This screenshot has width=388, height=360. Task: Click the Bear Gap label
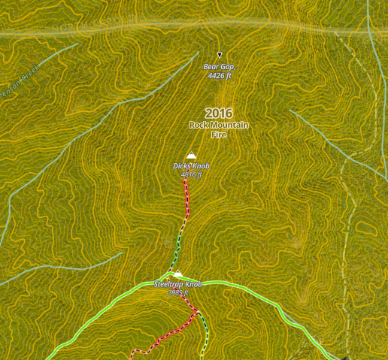click(x=219, y=67)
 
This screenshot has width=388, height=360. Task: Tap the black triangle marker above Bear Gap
click(x=220, y=55)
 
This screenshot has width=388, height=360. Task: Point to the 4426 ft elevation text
click(x=219, y=76)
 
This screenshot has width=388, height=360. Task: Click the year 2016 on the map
click(x=219, y=113)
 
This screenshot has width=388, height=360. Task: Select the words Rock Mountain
click(x=219, y=125)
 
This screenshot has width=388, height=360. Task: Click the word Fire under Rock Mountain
click(x=219, y=135)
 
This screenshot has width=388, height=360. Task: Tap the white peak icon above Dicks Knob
click(x=190, y=156)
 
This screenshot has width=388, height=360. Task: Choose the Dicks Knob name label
click(x=191, y=165)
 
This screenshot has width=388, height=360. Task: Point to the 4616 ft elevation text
click(x=191, y=174)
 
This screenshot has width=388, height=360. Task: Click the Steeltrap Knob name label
click(x=178, y=285)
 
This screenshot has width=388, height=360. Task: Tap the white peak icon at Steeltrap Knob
click(x=177, y=274)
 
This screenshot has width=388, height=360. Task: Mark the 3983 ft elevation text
click(x=178, y=292)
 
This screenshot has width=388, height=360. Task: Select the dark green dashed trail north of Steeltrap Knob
click(x=179, y=244)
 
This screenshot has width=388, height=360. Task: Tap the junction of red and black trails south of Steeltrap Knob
click(x=199, y=312)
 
